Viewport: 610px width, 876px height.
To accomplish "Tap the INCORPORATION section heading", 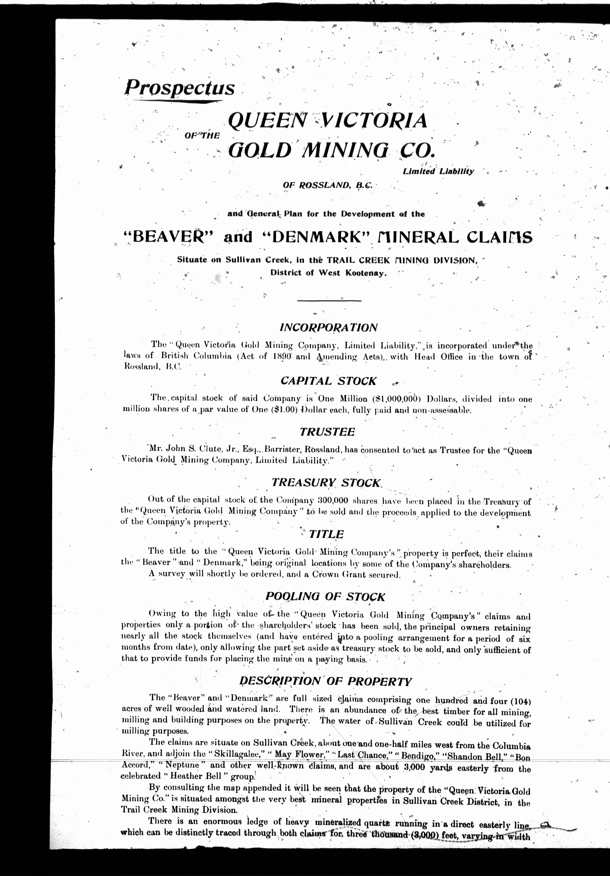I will (x=329, y=328).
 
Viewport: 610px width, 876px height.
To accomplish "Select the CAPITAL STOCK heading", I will (x=329, y=381).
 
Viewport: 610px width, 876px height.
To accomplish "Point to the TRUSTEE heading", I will (x=327, y=432).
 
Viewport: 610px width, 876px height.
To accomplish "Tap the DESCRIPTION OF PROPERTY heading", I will (x=325, y=681).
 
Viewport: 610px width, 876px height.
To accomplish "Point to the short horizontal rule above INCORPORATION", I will (x=329, y=301).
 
